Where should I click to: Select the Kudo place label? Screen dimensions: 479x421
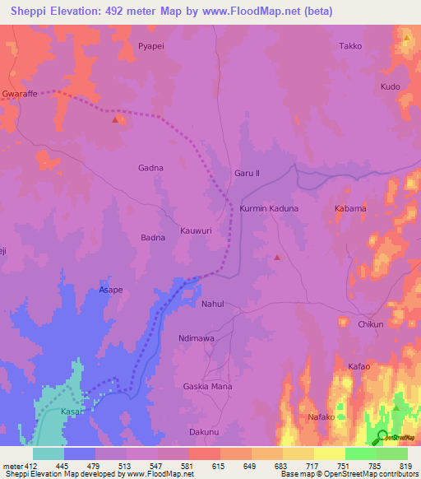tap(390, 86)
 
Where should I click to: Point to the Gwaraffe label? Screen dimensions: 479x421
tap(21, 94)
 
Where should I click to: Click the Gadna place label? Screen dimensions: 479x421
tap(150, 168)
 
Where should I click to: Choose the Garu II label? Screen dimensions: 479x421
tap(247, 174)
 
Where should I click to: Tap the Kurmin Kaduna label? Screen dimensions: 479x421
tap(269, 209)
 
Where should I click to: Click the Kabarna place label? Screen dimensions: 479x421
tap(350, 209)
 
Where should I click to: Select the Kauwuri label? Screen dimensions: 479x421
tap(197, 231)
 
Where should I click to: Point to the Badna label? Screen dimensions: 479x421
tap(153, 238)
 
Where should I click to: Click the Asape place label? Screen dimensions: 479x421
tap(111, 291)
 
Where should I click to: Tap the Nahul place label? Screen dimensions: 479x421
tap(213, 304)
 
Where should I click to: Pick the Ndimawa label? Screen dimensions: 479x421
tap(196, 337)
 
